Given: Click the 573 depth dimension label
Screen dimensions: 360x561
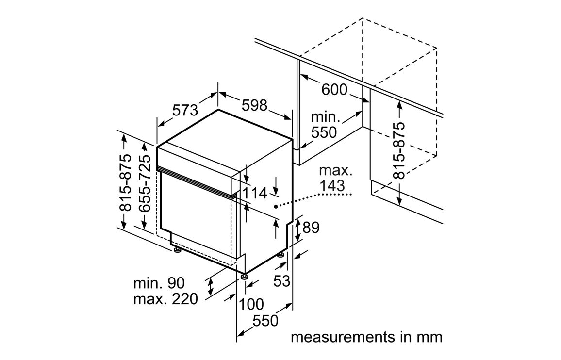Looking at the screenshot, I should [x=185, y=110].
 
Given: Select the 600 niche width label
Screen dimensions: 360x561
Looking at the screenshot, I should [x=334, y=89].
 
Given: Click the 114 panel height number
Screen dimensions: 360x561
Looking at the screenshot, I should [x=255, y=193].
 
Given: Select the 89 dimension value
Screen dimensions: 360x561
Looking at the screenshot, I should [x=311, y=227].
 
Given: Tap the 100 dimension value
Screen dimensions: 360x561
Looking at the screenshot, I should [x=251, y=304].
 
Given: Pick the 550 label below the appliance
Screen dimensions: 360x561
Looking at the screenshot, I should [x=266, y=321].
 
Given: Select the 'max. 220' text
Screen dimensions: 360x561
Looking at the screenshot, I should [x=165, y=299].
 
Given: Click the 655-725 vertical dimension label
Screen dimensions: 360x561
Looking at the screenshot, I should [x=144, y=184].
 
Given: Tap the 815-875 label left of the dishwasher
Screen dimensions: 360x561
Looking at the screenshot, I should [x=125, y=182].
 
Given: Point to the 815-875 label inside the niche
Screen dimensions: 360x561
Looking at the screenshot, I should [x=399, y=150].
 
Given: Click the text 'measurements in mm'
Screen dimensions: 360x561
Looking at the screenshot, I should [x=366, y=337].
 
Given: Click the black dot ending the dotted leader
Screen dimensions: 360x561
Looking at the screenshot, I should [x=275, y=206].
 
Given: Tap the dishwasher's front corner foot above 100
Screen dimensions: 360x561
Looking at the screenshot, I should [x=244, y=277].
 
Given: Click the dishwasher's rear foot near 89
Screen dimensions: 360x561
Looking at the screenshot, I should [x=281, y=254].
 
